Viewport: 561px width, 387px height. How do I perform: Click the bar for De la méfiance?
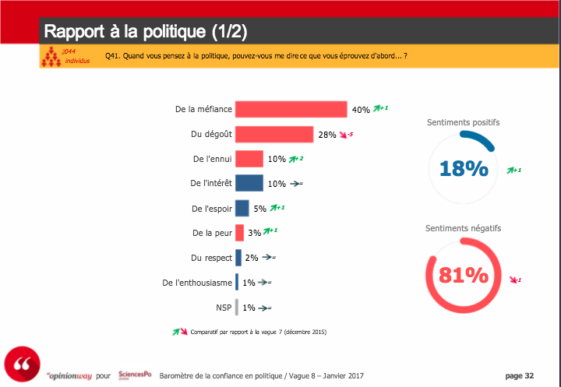tap(291, 109)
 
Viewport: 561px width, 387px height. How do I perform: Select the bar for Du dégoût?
tap(274, 134)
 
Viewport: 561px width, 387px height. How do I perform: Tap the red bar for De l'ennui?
tap(249, 159)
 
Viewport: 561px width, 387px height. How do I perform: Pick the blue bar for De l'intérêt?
tap(249, 184)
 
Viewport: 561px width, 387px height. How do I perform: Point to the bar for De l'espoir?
tap(242, 209)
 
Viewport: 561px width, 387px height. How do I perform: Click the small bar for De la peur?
tap(240, 233)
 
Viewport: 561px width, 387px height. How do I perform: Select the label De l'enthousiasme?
tap(196, 283)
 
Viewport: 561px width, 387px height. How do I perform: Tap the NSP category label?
tap(223, 308)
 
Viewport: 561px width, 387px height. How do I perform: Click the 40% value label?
tap(361, 110)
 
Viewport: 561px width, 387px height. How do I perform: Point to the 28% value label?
tap(327, 135)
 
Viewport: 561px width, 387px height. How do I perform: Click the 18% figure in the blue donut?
tap(463, 168)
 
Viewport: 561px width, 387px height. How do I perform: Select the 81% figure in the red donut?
tap(463, 275)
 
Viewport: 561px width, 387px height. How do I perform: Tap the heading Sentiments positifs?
tap(463, 122)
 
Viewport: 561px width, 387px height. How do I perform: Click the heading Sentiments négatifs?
tap(463, 228)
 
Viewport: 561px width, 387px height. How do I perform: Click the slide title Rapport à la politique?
tap(146, 32)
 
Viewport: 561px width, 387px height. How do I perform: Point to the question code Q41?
tap(114, 57)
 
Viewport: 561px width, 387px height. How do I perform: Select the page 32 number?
tap(520, 375)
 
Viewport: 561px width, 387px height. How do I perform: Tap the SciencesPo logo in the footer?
tap(134, 375)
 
